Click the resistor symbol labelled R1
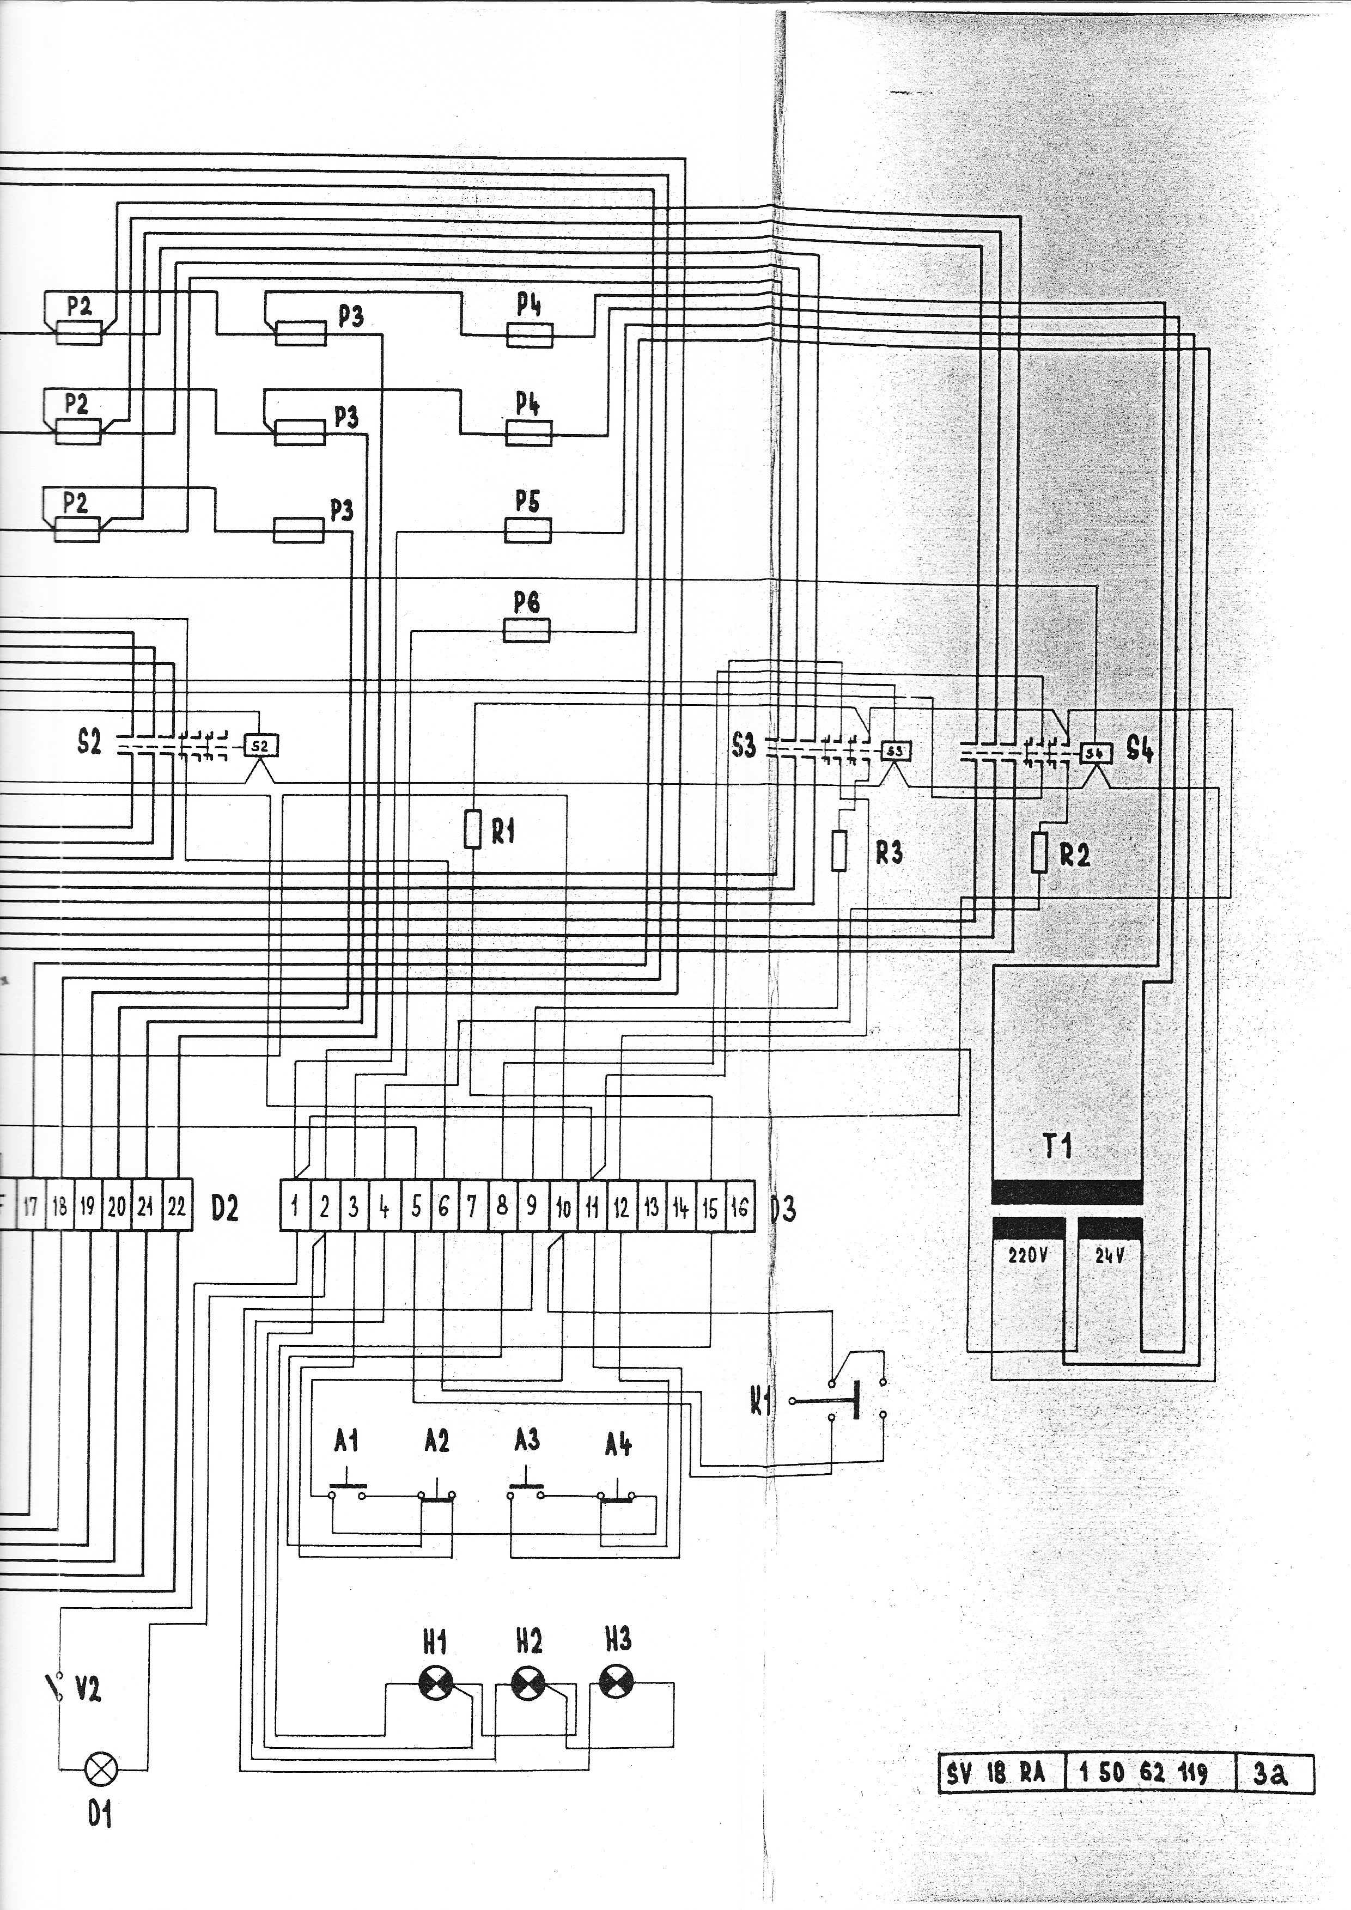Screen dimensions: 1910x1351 tap(472, 830)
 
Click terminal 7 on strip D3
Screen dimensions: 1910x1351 tap(472, 1205)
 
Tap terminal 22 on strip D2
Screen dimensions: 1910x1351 tap(177, 1205)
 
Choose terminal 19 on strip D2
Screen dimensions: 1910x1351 tap(87, 1205)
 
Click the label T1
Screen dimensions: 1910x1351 tap(1057, 1147)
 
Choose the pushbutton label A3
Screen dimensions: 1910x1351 tap(527, 1439)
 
